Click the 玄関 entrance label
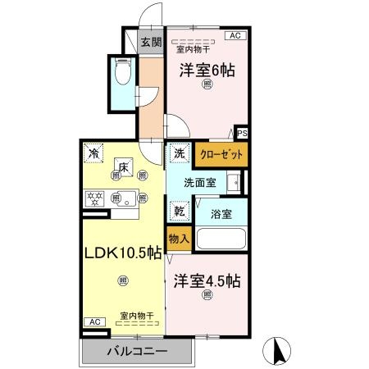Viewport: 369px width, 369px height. pyautogui.click(x=150, y=43)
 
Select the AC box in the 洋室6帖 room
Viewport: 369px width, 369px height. pyautogui.click(x=234, y=35)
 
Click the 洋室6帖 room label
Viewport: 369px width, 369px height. pyautogui.click(x=207, y=71)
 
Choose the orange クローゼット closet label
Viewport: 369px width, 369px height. pyautogui.click(x=220, y=153)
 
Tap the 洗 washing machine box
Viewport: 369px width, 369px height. pyautogui.click(x=179, y=153)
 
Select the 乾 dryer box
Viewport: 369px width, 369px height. pyautogui.click(x=178, y=210)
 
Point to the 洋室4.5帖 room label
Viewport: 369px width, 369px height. pyautogui.click(x=206, y=280)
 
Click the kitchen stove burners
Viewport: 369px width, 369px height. pyautogui.click(x=95, y=198)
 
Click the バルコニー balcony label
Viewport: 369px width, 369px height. pyautogui.click(x=138, y=352)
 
